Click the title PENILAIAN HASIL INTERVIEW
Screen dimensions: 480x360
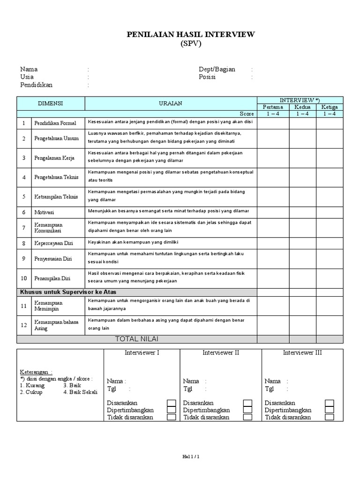191,35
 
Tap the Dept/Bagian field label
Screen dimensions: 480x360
217,69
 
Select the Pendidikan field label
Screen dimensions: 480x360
36,85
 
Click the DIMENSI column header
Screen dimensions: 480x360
50,103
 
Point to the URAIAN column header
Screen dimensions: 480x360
171,103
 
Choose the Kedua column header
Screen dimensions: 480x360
302,107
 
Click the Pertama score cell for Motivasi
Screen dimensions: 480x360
273,212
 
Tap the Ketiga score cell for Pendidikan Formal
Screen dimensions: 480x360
330,123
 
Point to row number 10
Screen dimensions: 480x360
23,278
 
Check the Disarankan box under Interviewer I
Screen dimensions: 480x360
172,403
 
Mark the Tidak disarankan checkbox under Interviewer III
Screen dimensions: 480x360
330,417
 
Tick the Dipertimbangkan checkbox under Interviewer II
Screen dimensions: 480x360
247,410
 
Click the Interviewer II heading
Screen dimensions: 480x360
221,352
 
